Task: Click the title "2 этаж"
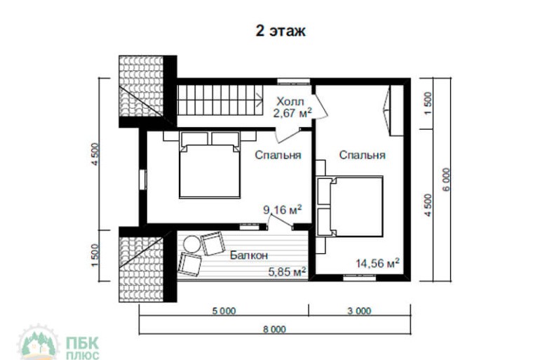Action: [281, 31]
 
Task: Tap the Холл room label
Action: [290, 102]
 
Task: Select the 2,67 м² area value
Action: [292, 113]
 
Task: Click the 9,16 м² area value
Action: [283, 209]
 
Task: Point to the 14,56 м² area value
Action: [377, 263]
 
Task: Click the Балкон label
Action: [249, 255]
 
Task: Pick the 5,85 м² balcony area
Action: [288, 272]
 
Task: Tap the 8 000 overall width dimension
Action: [274, 329]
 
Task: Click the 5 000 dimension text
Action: [224, 311]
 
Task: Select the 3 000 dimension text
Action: [360, 311]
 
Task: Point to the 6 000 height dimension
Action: [446, 180]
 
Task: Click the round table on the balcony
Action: [191, 244]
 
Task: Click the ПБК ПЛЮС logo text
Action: [82, 348]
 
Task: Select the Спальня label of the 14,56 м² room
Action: [363, 155]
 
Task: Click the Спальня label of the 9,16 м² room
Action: [278, 155]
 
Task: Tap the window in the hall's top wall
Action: [294, 81]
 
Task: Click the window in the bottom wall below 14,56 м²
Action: [360, 278]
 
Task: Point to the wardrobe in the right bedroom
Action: [396, 110]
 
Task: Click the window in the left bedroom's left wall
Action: [143, 179]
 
